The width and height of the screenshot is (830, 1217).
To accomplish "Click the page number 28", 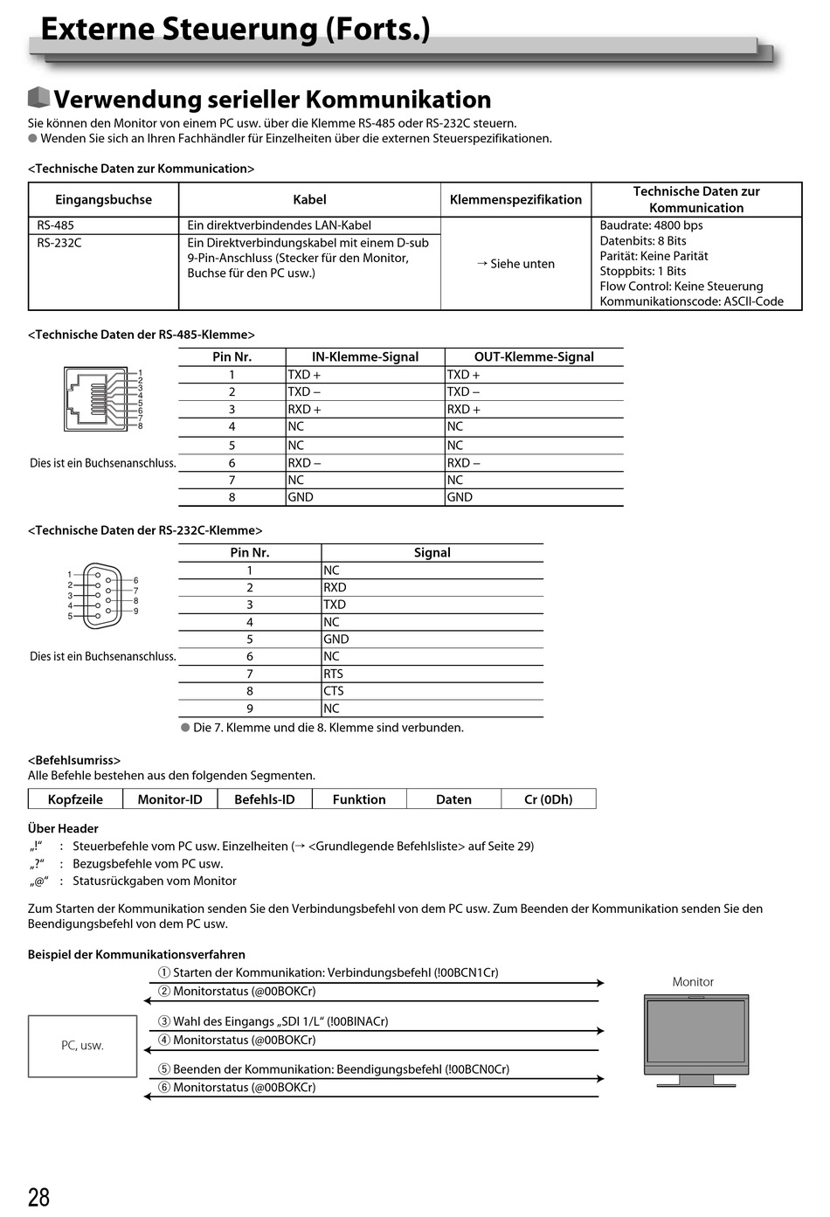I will [x=39, y=1197].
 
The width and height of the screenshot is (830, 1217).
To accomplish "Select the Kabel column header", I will [x=309, y=200].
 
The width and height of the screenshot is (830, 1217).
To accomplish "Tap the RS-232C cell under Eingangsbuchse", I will [x=59, y=243].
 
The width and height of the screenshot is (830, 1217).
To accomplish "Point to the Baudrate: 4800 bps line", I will [x=651, y=225].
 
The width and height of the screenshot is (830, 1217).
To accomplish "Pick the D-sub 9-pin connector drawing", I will [x=102, y=596].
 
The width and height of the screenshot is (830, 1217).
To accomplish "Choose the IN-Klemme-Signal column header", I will [x=365, y=356].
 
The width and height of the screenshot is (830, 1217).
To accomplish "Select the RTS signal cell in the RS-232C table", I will [x=333, y=674].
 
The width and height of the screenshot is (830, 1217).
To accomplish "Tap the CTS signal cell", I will [x=333, y=691].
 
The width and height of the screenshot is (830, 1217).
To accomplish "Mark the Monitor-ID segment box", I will [x=169, y=799].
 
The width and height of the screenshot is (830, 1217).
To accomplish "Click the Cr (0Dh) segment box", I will [x=548, y=799].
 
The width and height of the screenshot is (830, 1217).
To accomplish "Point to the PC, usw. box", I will [x=82, y=1046].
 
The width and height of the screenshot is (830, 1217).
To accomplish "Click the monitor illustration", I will [x=695, y=1040].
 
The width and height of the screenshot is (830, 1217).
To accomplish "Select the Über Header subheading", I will [x=63, y=828].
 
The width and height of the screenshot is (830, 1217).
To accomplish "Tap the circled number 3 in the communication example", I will [x=164, y=1021].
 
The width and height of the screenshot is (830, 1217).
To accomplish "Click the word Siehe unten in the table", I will [x=522, y=264].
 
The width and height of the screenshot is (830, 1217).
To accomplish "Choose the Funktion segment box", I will [x=359, y=799].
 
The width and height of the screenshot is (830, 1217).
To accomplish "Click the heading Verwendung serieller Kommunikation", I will [x=272, y=100].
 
